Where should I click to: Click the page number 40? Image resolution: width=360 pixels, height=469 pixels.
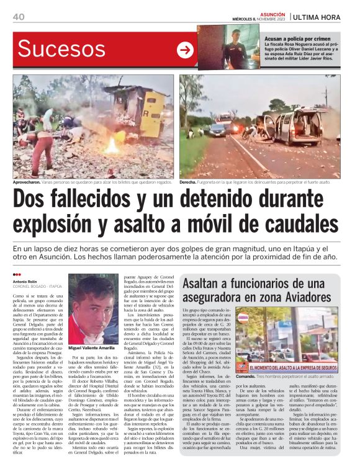pyautogui.click(x=19, y=16)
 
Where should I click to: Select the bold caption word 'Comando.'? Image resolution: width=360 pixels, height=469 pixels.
pyautogui.click(x=245, y=359)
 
